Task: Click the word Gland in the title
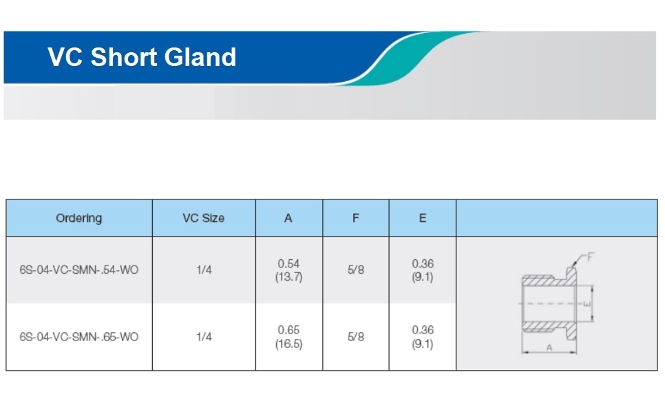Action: (200, 57)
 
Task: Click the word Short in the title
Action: (123, 57)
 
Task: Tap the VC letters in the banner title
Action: (65, 57)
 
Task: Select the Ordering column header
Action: (79, 218)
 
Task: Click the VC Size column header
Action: (204, 218)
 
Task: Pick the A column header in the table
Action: (288, 218)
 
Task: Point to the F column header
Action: (356, 218)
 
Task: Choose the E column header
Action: (423, 218)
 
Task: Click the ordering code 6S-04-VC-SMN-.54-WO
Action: (79, 270)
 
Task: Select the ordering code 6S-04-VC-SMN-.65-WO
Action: (79, 337)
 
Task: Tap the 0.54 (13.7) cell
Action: (289, 270)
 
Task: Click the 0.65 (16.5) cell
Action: (289, 337)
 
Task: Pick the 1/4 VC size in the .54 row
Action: (204, 270)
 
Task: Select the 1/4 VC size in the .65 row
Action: (204, 337)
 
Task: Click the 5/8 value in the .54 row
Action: (356, 270)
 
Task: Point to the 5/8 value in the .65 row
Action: (356, 337)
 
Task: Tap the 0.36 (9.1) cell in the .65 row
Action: (423, 337)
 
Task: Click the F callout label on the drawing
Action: (591, 257)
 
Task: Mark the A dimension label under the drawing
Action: (549, 348)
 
